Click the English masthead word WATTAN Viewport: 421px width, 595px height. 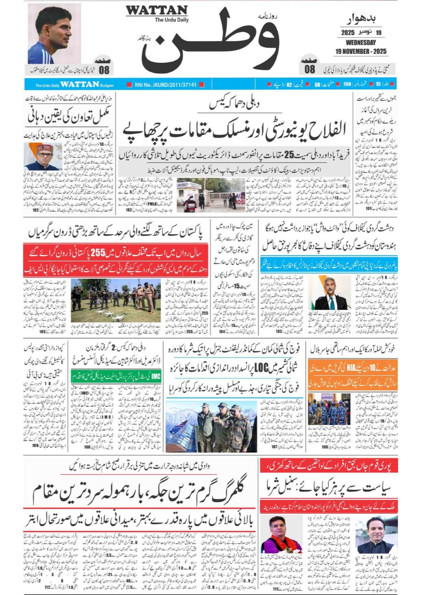(157, 10)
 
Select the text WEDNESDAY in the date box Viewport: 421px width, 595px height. (360, 42)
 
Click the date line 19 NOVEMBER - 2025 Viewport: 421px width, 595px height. (360, 51)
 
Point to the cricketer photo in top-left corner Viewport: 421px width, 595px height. (54, 34)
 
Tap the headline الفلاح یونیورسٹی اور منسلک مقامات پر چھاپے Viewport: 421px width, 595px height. (234, 130)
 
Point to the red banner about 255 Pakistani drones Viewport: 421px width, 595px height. (116, 253)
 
